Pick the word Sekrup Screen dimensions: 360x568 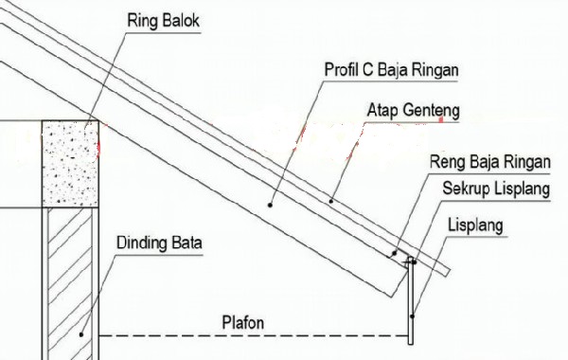coord(466,189)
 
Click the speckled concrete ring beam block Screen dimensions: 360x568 coord(71,163)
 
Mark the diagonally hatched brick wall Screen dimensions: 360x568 coord(71,275)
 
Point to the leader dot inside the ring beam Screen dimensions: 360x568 coord(86,123)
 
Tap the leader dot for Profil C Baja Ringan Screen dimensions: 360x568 coord(271,202)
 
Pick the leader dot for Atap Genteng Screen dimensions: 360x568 coord(331,201)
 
